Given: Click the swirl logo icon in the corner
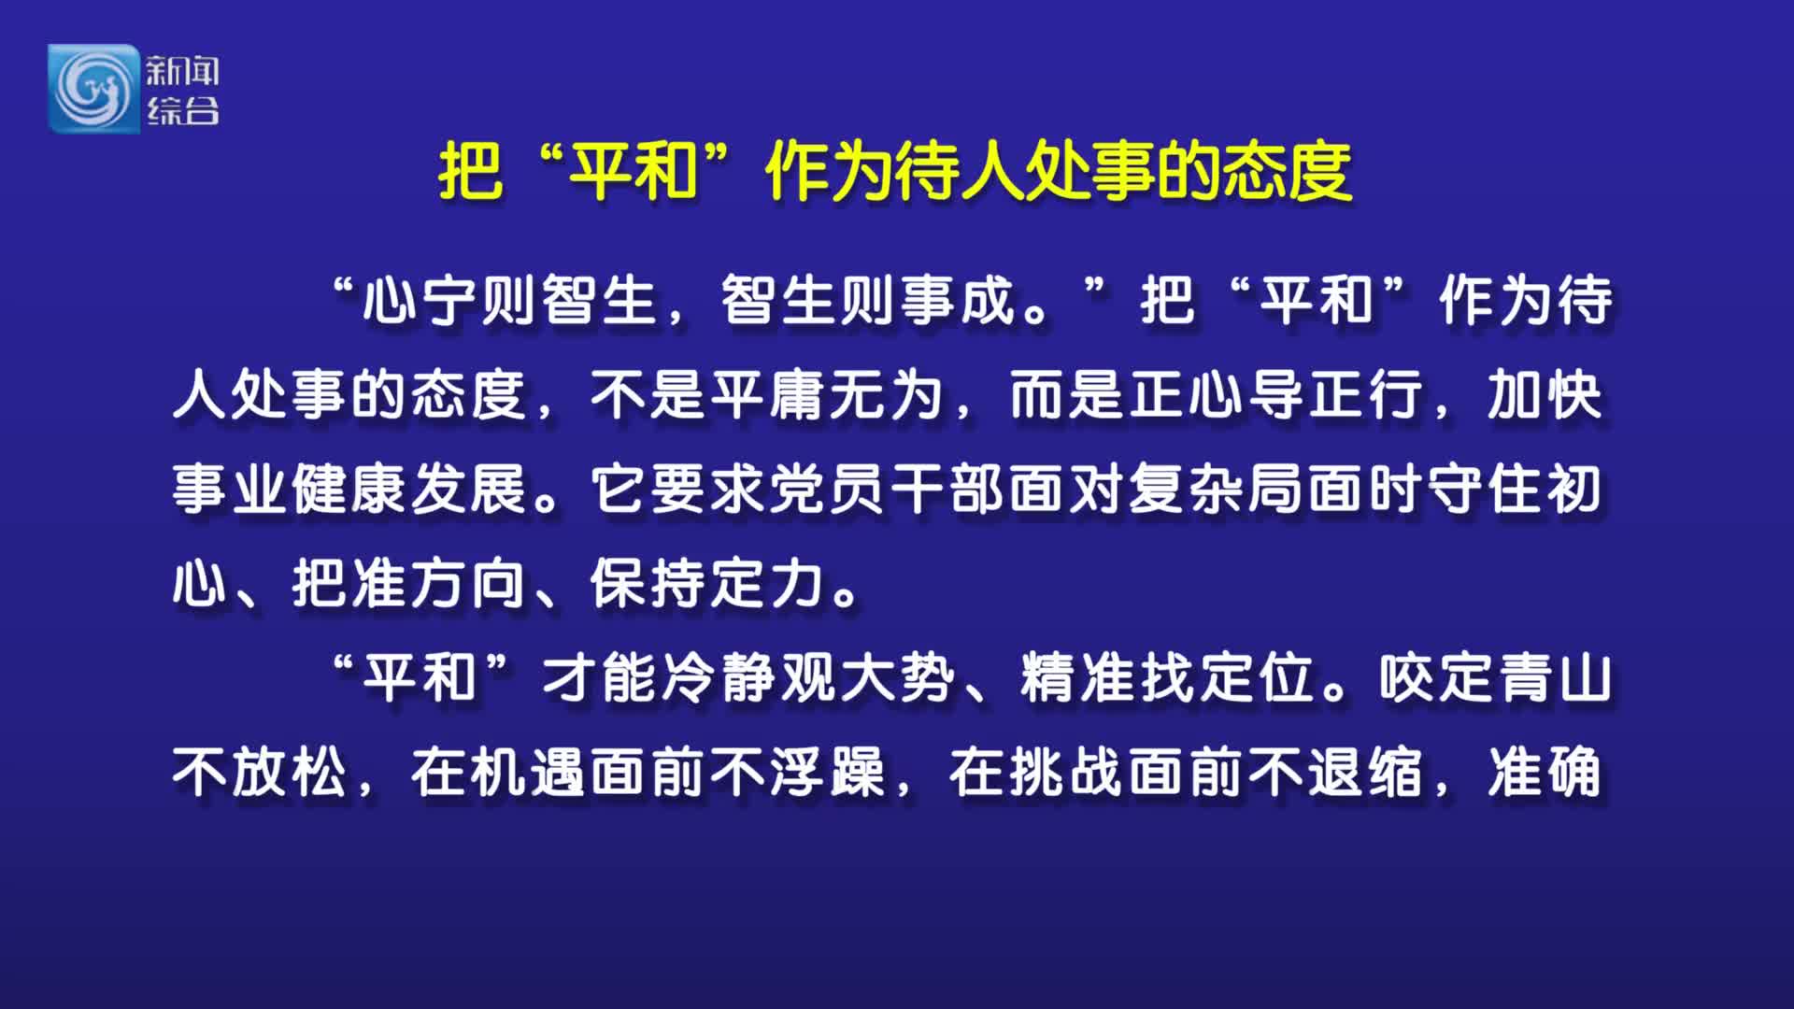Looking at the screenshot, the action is tap(93, 89).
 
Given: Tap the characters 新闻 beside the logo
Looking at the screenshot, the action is tap(182, 70).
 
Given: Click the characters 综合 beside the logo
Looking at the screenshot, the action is tap(182, 110).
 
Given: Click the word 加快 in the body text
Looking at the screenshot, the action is tap(1545, 395).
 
